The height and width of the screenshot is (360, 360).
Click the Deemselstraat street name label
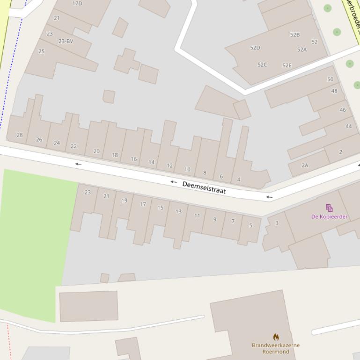[x=204, y=187]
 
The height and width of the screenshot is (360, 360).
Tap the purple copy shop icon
[x=329, y=208]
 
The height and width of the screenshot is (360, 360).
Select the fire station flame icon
[x=276, y=337]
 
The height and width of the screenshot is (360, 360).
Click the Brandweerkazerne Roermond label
[x=275, y=348]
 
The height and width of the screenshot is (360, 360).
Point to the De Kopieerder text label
[x=330, y=216]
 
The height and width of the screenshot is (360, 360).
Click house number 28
[x=20, y=135]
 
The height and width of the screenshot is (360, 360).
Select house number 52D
[x=255, y=48]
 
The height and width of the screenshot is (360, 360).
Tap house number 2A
[x=305, y=166]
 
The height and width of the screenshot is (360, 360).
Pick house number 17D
[x=77, y=3]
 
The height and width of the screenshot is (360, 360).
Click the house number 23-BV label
[x=66, y=41]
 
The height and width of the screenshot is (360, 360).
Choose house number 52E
[x=287, y=65]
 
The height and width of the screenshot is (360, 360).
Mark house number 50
[x=331, y=79]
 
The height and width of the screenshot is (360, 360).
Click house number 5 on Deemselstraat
[x=250, y=225]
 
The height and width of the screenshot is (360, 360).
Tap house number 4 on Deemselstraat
[x=239, y=180]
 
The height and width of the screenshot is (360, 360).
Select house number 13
[x=178, y=212]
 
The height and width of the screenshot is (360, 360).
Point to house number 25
[x=41, y=51]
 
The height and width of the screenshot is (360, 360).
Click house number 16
[x=133, y=159]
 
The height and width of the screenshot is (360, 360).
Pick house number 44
[x=348, y=126]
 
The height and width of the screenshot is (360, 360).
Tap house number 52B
[x=294, y=35]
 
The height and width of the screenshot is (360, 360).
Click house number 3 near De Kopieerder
[x=277, y=223]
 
